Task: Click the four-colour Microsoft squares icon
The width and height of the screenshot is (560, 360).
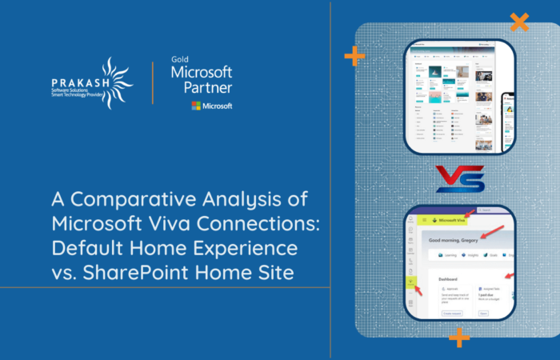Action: coord(196,106)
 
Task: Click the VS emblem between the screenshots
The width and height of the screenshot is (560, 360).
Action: coord(459,179)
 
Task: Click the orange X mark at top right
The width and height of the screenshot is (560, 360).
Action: coord(518,22)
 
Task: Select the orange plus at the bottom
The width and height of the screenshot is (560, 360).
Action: coord(459,338)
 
